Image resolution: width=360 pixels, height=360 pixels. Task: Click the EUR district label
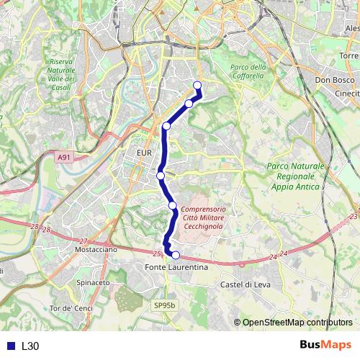142,153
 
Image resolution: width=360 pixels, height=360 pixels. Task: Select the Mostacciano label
96,248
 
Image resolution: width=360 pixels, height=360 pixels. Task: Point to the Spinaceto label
93,283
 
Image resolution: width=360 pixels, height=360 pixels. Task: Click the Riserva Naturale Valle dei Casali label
61,75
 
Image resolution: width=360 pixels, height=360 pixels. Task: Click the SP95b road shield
164,305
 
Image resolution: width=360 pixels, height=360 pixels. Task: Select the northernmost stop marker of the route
198,86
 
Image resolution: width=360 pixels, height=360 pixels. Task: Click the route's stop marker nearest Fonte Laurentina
176,254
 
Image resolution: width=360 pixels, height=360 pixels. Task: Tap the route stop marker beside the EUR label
161,175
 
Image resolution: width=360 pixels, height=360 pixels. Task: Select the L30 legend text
30,346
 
